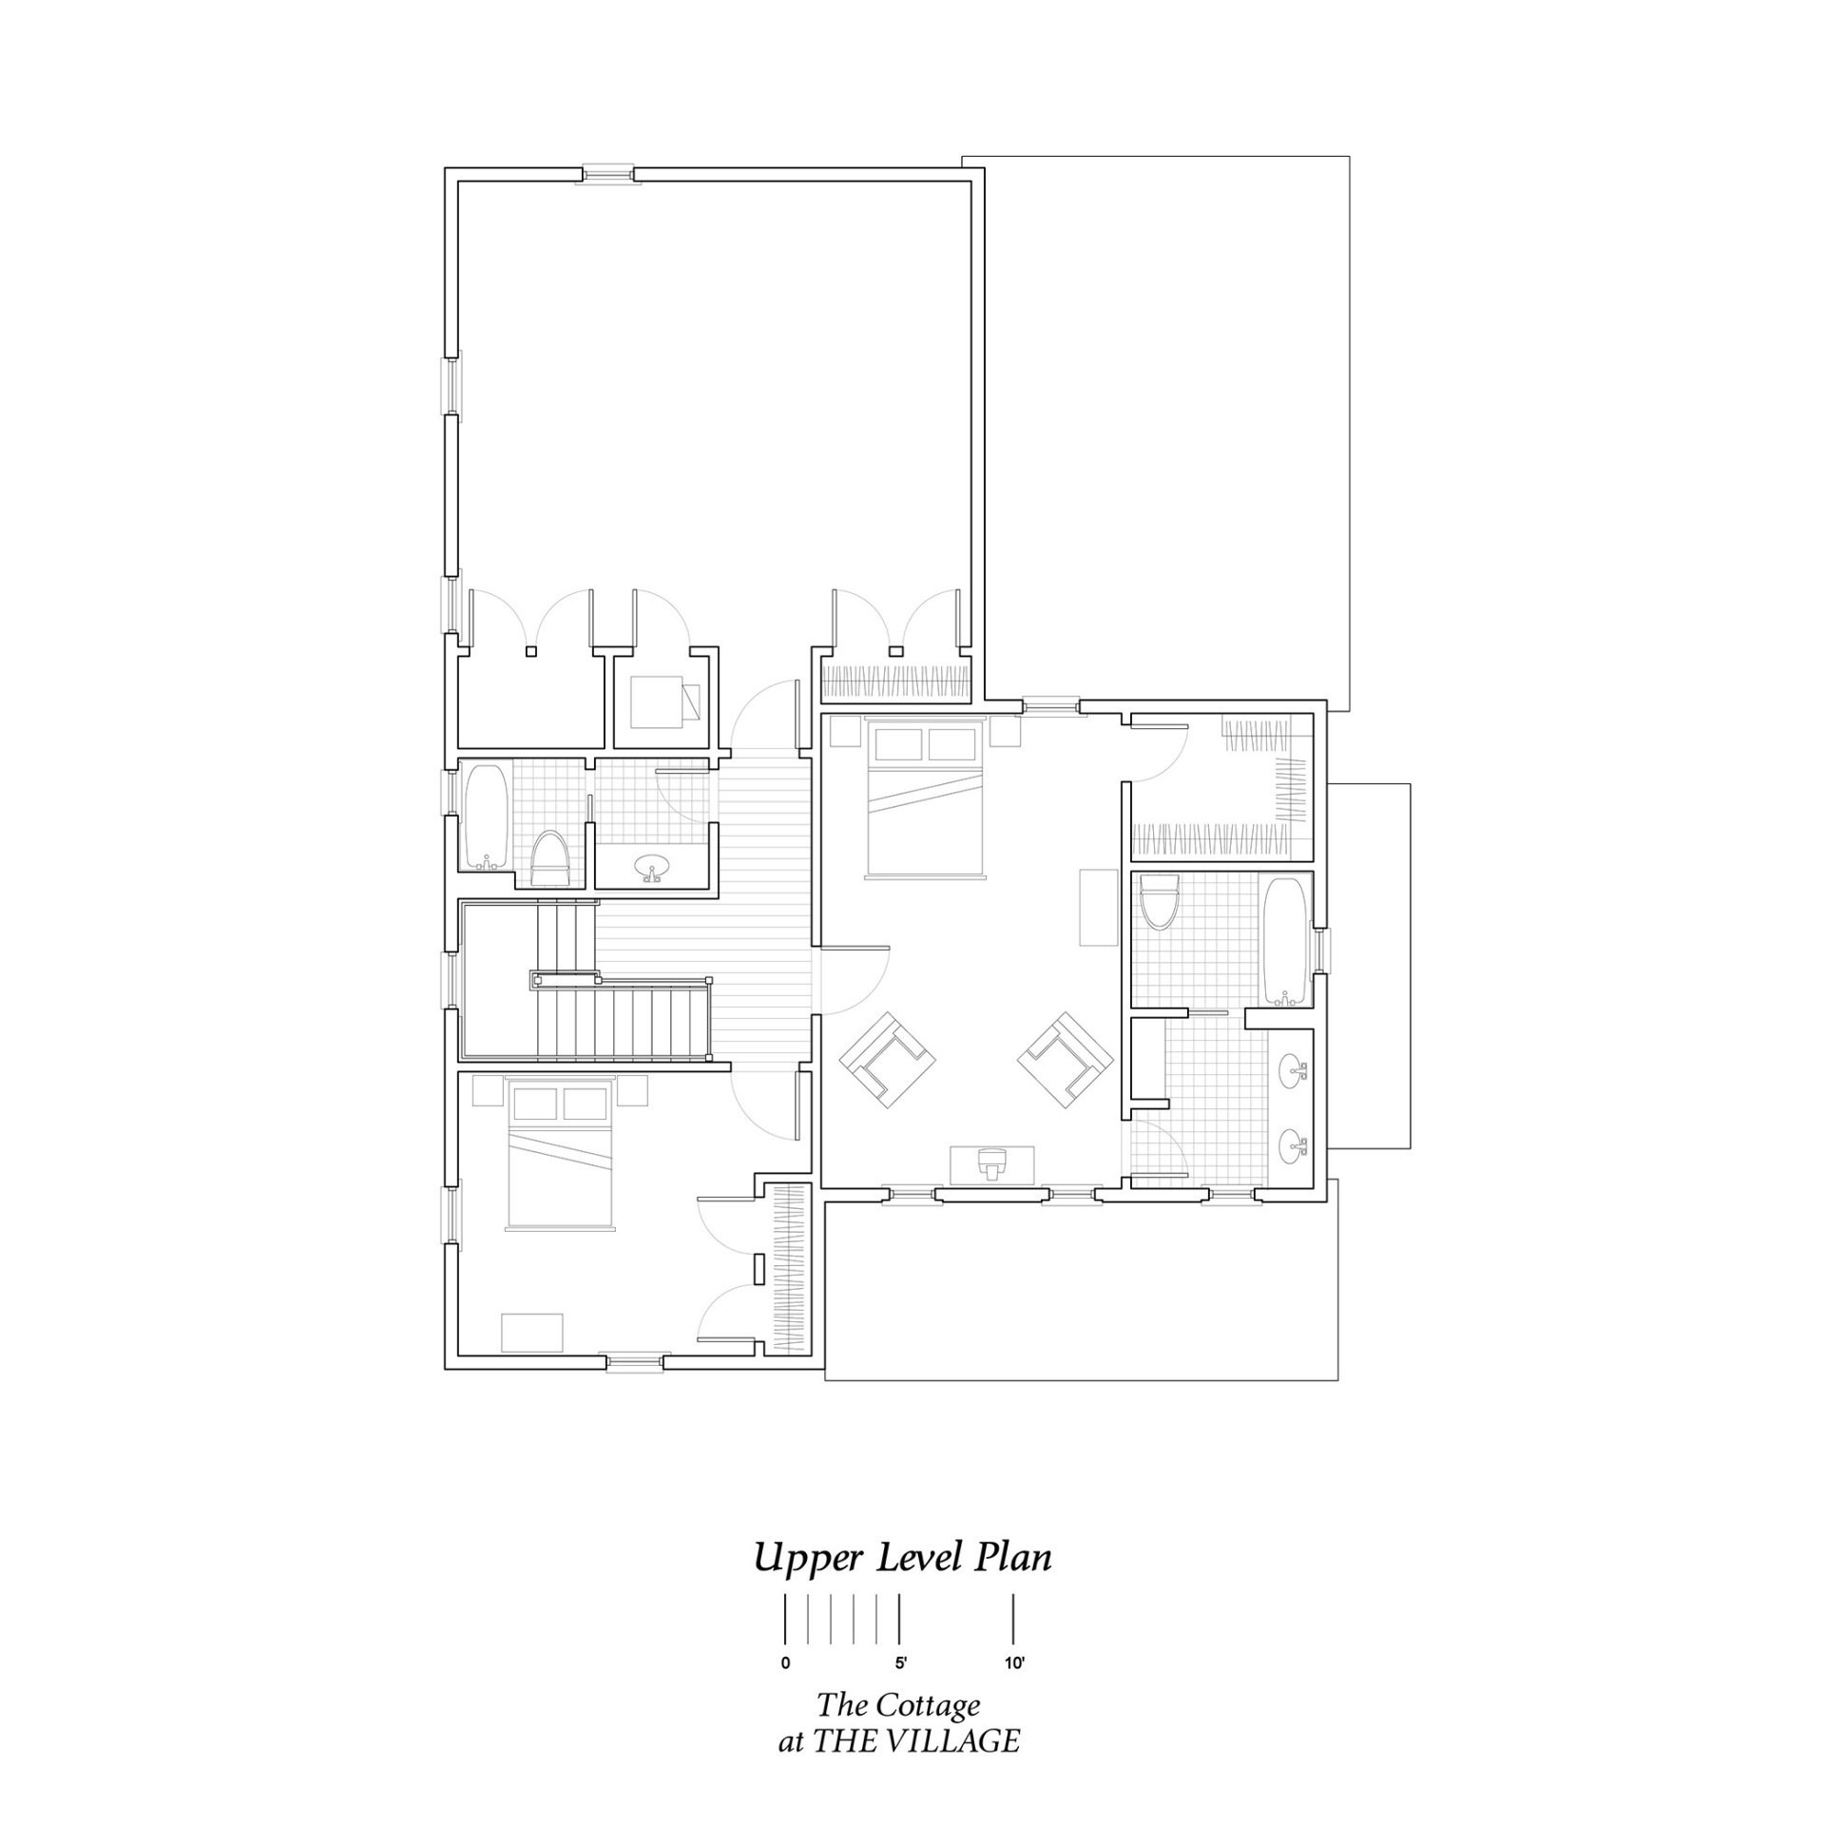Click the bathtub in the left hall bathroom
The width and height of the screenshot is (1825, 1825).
pos(486,816)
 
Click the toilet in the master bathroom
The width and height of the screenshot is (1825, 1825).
pos(1160,901)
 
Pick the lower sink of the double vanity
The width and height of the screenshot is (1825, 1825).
pos(1292,1146)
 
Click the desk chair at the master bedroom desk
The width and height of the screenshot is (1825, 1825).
pos(990,1164)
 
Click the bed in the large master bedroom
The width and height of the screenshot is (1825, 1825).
pos(926,798)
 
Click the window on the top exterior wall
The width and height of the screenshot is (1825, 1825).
pos(607,174)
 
